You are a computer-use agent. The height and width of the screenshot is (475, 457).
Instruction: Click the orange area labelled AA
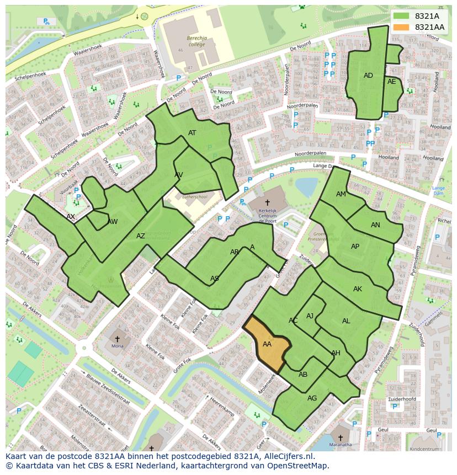click(267, 344)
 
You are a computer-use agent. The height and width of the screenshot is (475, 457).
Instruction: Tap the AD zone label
click(368, 76)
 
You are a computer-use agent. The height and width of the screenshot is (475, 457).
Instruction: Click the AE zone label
click(391, 82)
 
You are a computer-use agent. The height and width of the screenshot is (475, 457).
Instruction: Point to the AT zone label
click(192, 133)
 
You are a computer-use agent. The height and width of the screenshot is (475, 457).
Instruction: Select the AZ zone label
click(141, 236)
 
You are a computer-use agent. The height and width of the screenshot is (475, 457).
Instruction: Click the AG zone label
click(312, 398)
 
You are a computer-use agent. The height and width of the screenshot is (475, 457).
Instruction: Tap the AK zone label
click(358, 289)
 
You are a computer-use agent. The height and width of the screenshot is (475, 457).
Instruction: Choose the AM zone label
click(341, 194)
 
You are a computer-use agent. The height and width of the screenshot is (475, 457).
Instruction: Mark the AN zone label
click(375, 225)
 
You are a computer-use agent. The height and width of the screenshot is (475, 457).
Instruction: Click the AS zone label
click(215, 279)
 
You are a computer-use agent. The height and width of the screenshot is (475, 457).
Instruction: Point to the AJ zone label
click(310, 316)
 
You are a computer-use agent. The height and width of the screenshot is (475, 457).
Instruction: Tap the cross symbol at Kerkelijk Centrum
click(267, 203)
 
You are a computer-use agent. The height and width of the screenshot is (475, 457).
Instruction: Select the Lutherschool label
click(194, 196)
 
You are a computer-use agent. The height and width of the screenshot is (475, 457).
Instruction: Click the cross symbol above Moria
click(117, 338)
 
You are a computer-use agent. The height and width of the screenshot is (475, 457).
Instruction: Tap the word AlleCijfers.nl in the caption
click(286, 457)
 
